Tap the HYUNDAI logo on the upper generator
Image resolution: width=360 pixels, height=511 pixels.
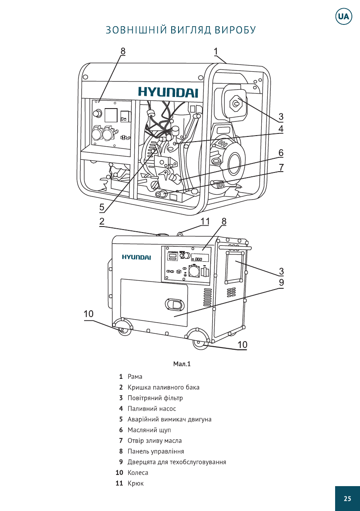[x=168, y=92]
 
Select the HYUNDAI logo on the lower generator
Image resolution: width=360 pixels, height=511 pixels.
[x=136, y=257]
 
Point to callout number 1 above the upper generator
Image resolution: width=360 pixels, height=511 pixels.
[x=216, y=51]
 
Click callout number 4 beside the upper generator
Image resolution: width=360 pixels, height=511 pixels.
[x=281, y=129]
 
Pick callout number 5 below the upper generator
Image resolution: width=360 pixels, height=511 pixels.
[x=102, y=207]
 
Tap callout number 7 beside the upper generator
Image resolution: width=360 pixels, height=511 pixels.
[x=281, y=168]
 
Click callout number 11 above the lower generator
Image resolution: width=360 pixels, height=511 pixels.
[x=205, y=221]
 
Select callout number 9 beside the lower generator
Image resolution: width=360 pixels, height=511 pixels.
[x=281, y=282]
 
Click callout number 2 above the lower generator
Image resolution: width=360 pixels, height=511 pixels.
[x=102, y=221]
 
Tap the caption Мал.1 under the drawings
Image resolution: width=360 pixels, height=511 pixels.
[x=182, y=364]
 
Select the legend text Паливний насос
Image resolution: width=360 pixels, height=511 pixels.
[x=151, y=409]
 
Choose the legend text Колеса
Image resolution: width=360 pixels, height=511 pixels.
[x=138, y=473]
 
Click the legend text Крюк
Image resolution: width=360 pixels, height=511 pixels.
[x=136, y=484]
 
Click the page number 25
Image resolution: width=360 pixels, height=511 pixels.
[x=347, y=499]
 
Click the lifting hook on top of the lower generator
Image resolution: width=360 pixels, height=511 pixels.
[x=180, y=234]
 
